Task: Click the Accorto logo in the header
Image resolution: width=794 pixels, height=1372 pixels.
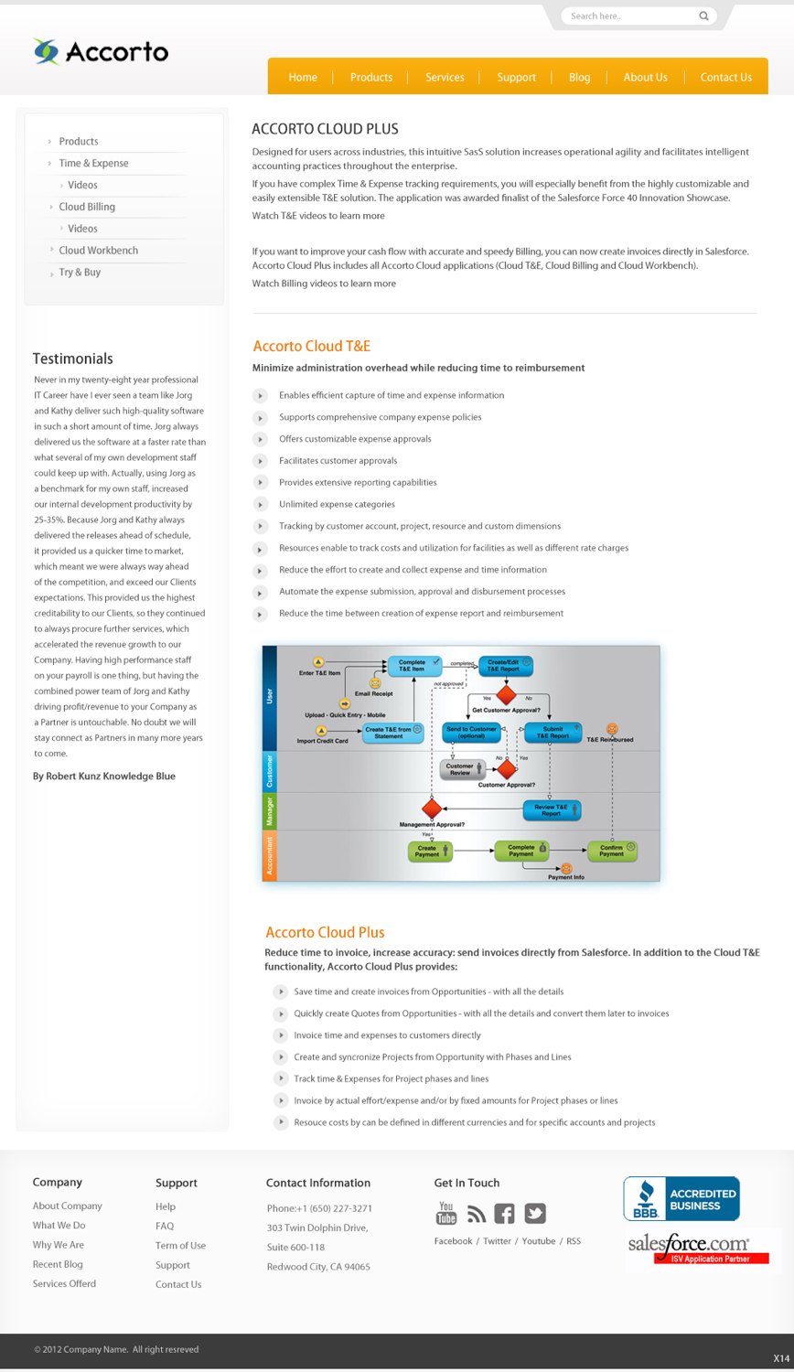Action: click(101, 52)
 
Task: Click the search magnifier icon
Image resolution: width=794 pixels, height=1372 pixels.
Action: click(703, 16)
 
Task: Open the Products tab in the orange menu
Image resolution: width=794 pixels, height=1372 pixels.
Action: click(370, 78)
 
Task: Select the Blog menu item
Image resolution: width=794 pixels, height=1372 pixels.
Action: click(579, 78)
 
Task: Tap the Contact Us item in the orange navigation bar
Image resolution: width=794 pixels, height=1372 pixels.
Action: click(725, 78)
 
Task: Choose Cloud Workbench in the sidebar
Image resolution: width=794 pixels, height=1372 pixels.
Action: click(98, 251)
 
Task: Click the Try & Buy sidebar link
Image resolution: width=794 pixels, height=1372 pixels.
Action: click(80, 273)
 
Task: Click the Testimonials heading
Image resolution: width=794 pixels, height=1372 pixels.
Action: click(73, 359)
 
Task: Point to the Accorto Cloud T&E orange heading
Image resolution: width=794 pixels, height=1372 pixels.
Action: click(311, 346)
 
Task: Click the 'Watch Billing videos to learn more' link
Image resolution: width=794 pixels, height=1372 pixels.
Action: click(324, 284)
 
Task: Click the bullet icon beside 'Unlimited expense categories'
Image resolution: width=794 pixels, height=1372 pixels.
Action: click(260, 505)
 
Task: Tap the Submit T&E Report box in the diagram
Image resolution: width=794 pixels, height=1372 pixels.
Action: click(553, 733)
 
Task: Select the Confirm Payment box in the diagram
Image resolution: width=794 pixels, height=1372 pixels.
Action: click(612, 851)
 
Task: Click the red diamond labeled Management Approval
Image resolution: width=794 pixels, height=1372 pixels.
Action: click(432, 809)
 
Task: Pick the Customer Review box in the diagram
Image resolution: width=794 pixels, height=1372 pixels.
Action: click(461, 769)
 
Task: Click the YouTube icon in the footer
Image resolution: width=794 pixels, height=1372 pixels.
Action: click(446, 1213)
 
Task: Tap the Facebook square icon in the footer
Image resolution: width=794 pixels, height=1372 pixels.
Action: click(504, 1214)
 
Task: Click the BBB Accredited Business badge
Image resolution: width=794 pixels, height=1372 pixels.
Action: click(681, 1199)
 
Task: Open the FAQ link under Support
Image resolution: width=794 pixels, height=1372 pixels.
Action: click(165, 1226)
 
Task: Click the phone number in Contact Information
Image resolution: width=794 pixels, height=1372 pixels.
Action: click(319, 1208)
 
